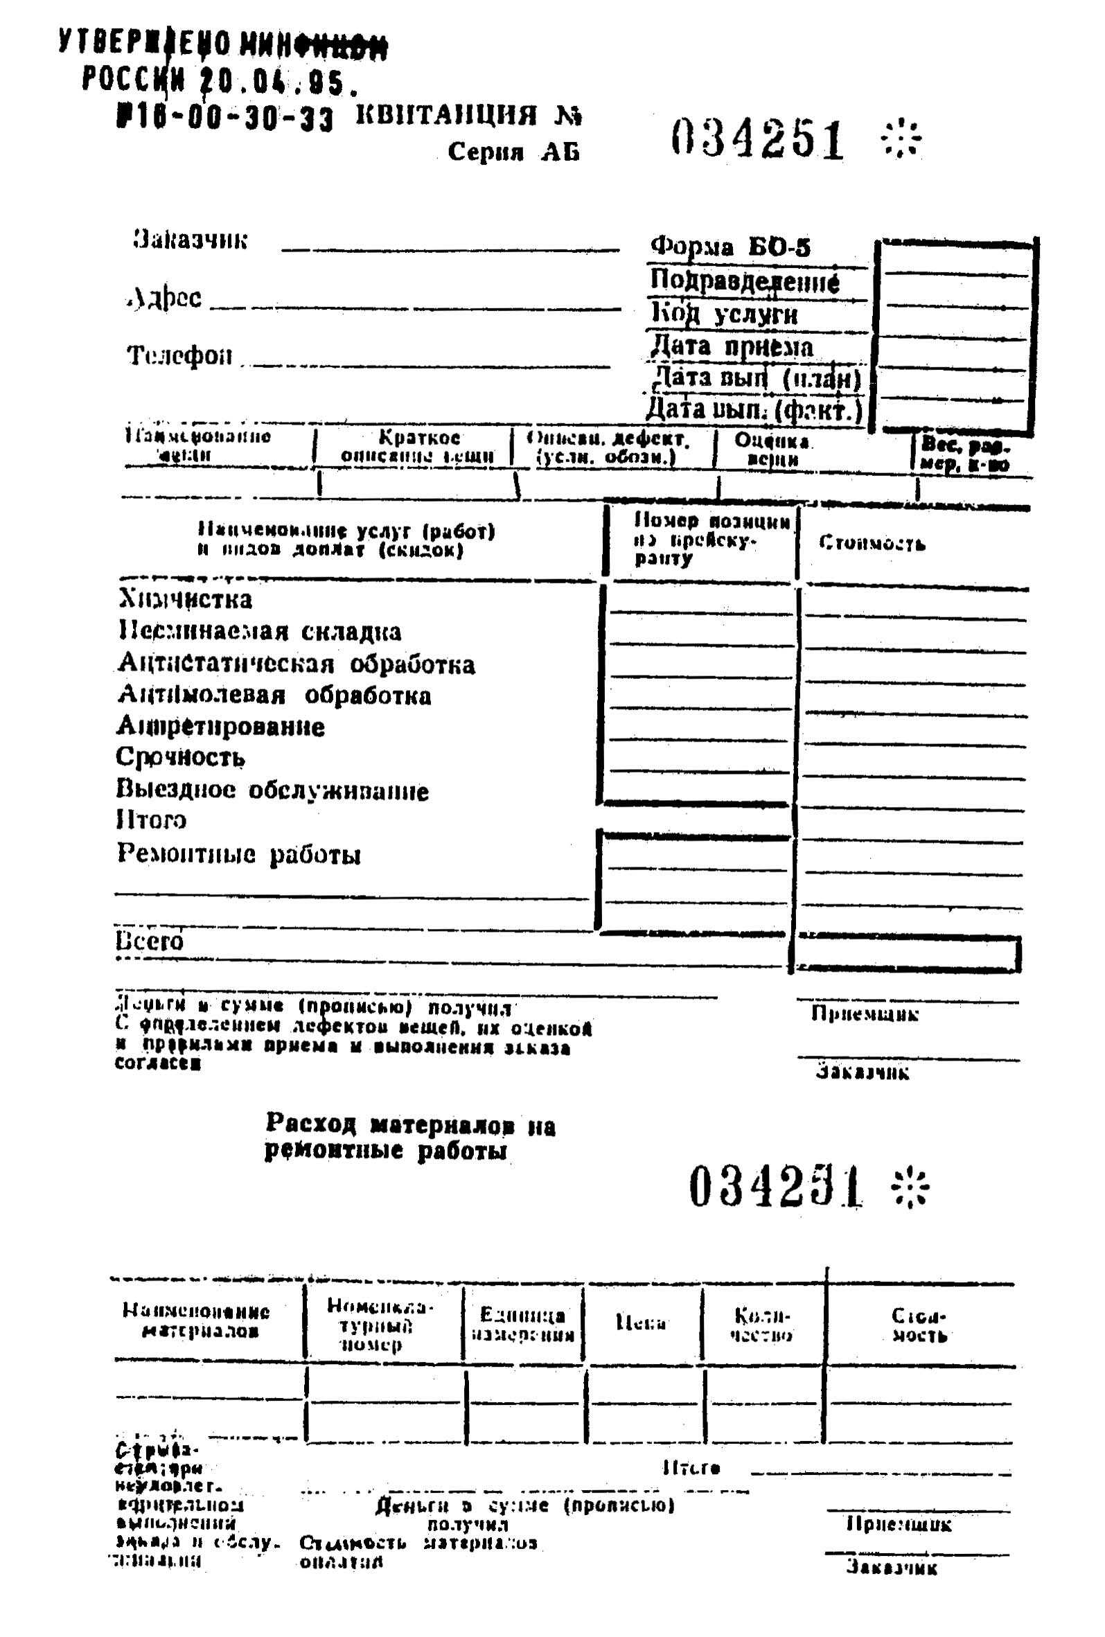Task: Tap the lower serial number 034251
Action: point(775,1185)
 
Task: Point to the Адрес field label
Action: point(166,298)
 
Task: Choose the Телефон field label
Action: point(179,355)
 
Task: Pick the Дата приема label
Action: point(731,346)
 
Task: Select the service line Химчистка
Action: point(185,599)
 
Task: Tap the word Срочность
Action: point(180,757)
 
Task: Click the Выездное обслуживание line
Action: point(272,790)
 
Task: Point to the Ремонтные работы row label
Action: point(239,853)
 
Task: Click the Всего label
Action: point(150,941)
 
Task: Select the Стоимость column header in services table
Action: point(871,543)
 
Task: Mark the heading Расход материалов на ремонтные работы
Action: point(410,1137)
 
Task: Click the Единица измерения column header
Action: point(522,1325)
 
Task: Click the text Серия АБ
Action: point(513,152)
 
